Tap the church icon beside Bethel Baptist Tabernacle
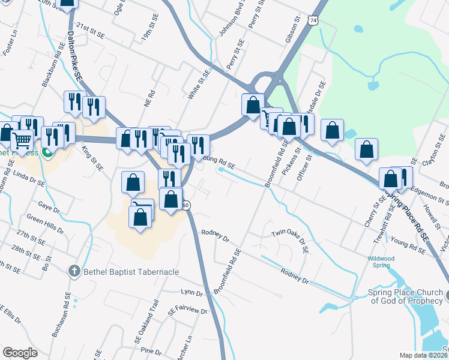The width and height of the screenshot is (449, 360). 74,272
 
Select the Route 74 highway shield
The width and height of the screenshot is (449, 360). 311,20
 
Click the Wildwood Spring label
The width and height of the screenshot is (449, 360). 381,262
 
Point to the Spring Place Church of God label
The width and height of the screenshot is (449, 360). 405,297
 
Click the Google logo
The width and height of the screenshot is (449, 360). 20,353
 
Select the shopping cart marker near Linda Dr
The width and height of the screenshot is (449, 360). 22,141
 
